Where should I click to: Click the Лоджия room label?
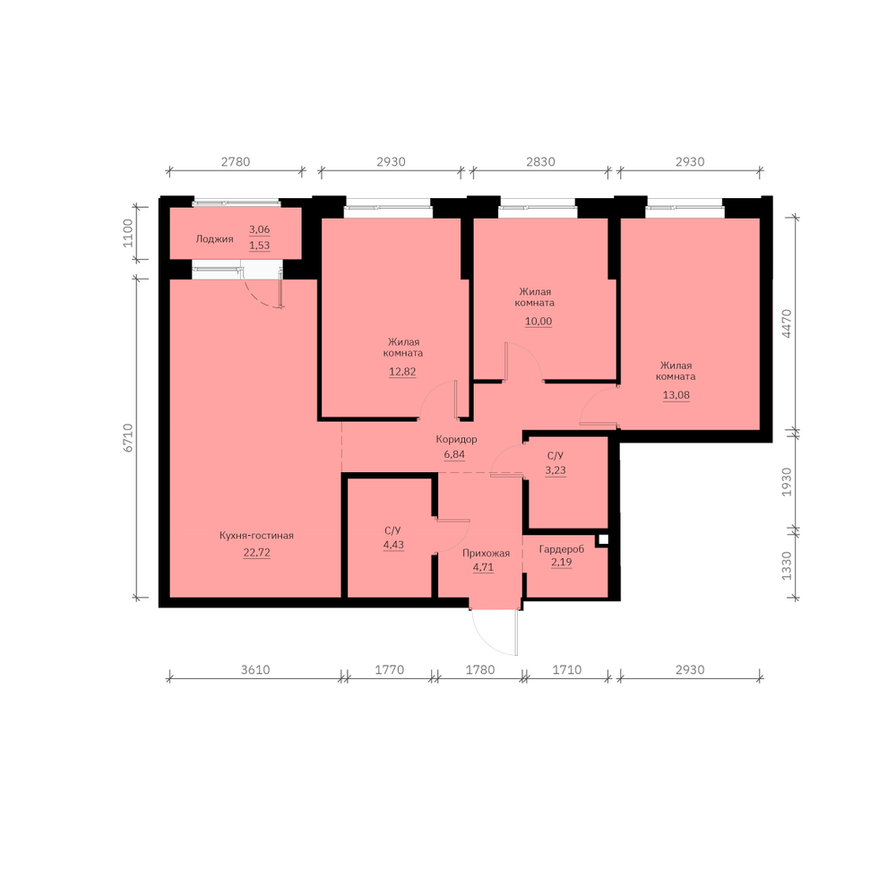[214, 239]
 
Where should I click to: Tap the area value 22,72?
[256, 553]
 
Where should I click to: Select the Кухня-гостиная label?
[256, 536]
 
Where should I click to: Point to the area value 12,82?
[402, 372]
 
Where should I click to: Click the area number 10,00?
[538, 321]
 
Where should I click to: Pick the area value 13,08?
[676, 395]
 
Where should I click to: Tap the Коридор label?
[456, 439]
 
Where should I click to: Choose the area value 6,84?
[454, 455]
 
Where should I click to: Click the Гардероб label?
[562, 549]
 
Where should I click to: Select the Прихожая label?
[486, 553]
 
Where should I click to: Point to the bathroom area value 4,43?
[393, 545]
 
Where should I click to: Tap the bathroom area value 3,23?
[556, 470]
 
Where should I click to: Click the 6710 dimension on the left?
[127, 438]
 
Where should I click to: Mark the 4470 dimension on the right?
[787, 323]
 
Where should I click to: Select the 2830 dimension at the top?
[540, 161]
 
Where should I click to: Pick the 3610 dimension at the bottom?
[254, 669]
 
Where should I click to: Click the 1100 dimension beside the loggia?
[127, 233]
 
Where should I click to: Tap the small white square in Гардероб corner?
[603, 538]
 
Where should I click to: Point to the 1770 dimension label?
[389, 669]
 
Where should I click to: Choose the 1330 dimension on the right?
[787, 565]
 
